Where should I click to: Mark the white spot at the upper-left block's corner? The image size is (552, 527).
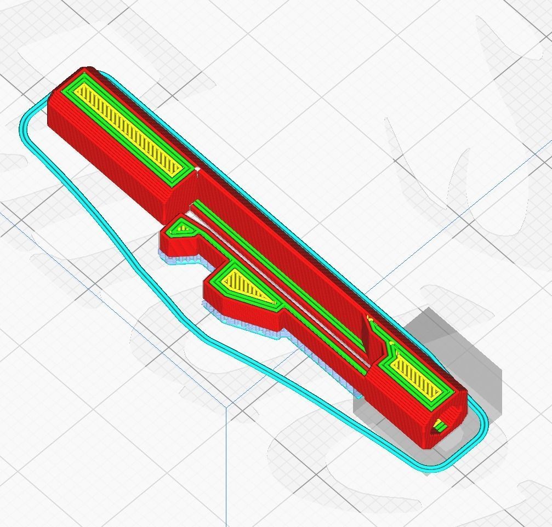(197, 170)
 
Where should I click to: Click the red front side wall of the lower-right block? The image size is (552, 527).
(395, 411)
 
